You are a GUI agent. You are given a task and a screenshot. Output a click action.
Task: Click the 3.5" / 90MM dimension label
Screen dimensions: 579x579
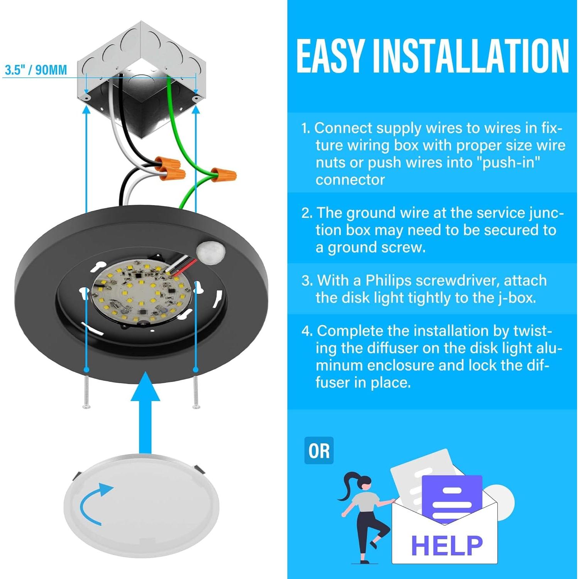point(36,70)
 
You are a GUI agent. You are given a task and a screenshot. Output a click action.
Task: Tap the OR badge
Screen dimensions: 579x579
point(319,450)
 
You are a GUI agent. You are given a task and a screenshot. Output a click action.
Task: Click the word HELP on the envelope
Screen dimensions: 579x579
point(447,545)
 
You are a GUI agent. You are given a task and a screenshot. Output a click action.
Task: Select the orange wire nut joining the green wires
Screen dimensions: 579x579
point(223,173)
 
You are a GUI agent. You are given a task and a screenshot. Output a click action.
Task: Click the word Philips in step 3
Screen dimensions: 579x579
point(388,281)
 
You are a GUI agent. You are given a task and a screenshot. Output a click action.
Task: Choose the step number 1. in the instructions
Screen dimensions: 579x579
point(306,128)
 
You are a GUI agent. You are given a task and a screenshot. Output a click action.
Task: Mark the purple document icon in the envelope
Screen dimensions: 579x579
point(452,498)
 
